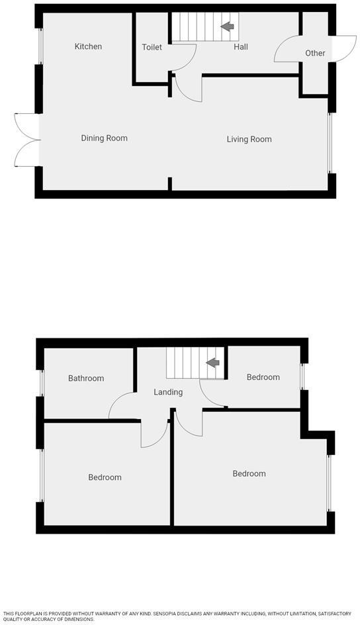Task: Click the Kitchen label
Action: (x=88, y=46)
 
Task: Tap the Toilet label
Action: (x=152, y=48)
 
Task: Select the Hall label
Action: (x=240, y=47)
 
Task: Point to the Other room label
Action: (x=315, y=53)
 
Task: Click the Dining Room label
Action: (x=104, y=138)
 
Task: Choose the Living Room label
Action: (x=249, y=139)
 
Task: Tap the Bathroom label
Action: (x=86, y=379)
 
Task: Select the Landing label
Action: (x=168, y=392)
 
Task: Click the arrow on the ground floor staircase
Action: (x=228, y=26)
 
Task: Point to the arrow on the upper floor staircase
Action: (x=213, y=363)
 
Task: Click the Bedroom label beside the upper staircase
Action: (x=263, y=377)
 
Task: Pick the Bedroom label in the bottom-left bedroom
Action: (x=105, y=477)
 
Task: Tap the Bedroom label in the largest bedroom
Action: (x=249, y=473)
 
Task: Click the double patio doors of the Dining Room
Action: (x=26, y=140)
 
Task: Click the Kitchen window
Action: (x=40, y=46)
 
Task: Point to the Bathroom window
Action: (x=40, y=381)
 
